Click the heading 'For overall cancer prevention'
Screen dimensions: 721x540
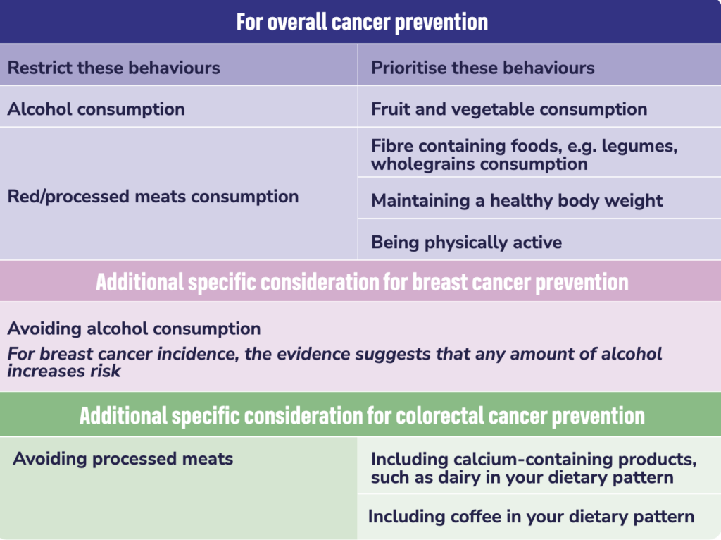[362, 22]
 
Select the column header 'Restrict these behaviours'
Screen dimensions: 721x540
[113, 68]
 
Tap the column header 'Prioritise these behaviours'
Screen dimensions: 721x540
[483, 68]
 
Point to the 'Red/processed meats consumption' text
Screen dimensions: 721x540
[153, 197]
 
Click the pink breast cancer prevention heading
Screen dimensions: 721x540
[362, 282]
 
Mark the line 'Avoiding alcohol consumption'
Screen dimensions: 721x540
[134, 329]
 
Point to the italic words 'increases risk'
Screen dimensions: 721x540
[64, 371]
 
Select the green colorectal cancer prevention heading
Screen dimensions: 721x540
[362, 416]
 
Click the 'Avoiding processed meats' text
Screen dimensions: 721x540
[123, 458]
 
